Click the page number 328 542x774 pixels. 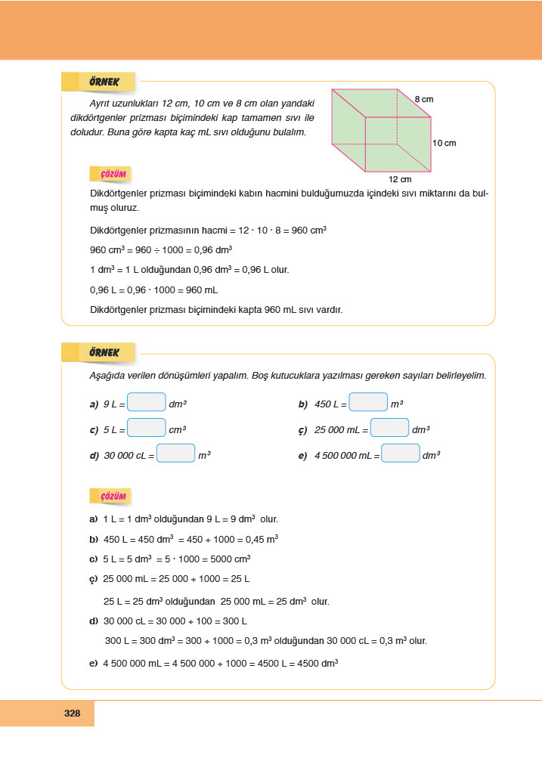click(73, 713)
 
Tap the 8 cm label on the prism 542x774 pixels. click(423, 99)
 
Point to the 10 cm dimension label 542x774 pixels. click(444, 143)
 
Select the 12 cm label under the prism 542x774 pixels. click(400, 180)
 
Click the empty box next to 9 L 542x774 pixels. click(147, 403)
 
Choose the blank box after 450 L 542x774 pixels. click(368, 403)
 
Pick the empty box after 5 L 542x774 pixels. click(147, 428)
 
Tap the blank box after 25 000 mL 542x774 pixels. click(389, 428)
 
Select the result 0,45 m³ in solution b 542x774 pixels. click(261, 540)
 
